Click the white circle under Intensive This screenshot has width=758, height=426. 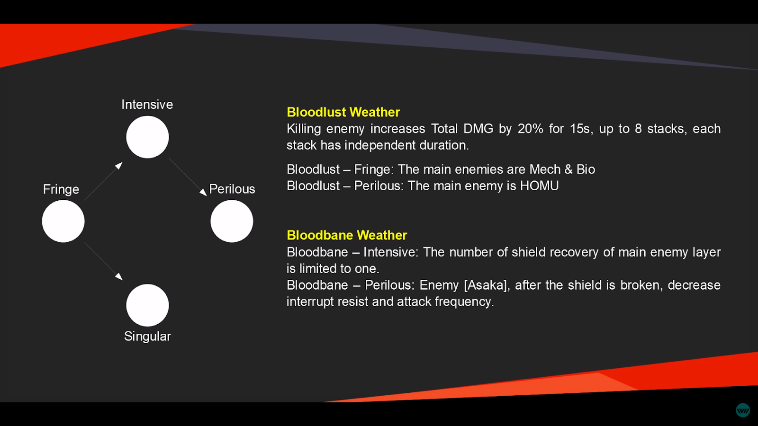click(147, 137)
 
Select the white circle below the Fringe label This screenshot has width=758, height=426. click(63, 221)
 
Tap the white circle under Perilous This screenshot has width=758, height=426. click(232, 221)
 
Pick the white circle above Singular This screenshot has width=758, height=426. click(147, 305)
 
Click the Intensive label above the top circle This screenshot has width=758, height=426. click(147, 105)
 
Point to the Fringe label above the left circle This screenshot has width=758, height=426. click(61, 189)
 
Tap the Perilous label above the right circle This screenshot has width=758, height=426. click(232, 189)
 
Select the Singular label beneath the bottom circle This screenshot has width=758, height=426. click(147, 337)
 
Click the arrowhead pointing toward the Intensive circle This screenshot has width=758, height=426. click(119, 165)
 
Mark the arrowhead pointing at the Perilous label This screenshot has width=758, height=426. click(203, 192)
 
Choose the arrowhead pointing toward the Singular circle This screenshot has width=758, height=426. click(119, 276)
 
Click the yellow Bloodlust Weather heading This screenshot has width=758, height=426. click(343, 112)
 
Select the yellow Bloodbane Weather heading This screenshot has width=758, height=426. click(347, 235)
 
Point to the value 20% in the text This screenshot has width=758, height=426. click(530, 129)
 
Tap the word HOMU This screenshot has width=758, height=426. click(540, 186)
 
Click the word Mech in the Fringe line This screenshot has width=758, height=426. click(545, 169)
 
